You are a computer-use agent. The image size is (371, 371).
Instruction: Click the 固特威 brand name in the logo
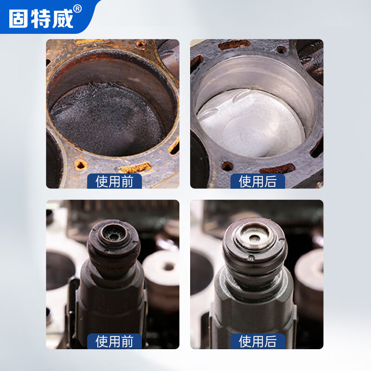click(41, 18)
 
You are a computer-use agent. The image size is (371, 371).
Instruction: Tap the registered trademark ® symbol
click(77, 8)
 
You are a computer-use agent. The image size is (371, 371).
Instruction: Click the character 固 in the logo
click(19, 18)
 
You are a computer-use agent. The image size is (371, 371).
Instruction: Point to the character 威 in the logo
click(63, 18)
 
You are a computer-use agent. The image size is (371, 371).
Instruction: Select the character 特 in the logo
click(41, 18)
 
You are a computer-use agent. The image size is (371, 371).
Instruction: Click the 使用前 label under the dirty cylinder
click(115, 181)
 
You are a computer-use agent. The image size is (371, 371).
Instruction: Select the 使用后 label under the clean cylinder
click(257, 181)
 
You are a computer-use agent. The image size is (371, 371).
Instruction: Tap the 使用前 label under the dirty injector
click(115, 341)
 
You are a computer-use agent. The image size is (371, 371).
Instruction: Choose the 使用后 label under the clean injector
click(257, 341)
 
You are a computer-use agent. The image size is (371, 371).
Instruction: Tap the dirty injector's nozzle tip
click(113, 232)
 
